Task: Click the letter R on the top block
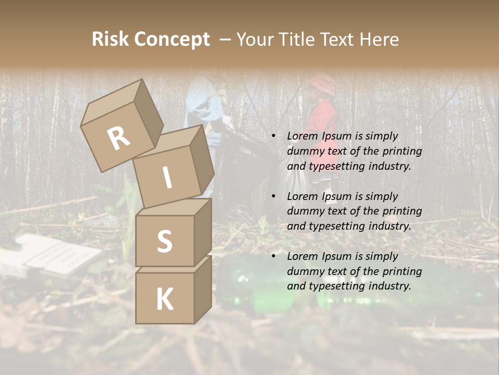point(119,139)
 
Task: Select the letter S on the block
point(165,241)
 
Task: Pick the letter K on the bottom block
point(165,299)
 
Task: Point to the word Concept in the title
point(173,40)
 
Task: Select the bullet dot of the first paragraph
point(273,136)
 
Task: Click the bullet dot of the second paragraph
point(273,196)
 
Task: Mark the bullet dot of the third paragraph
point(273,256)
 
